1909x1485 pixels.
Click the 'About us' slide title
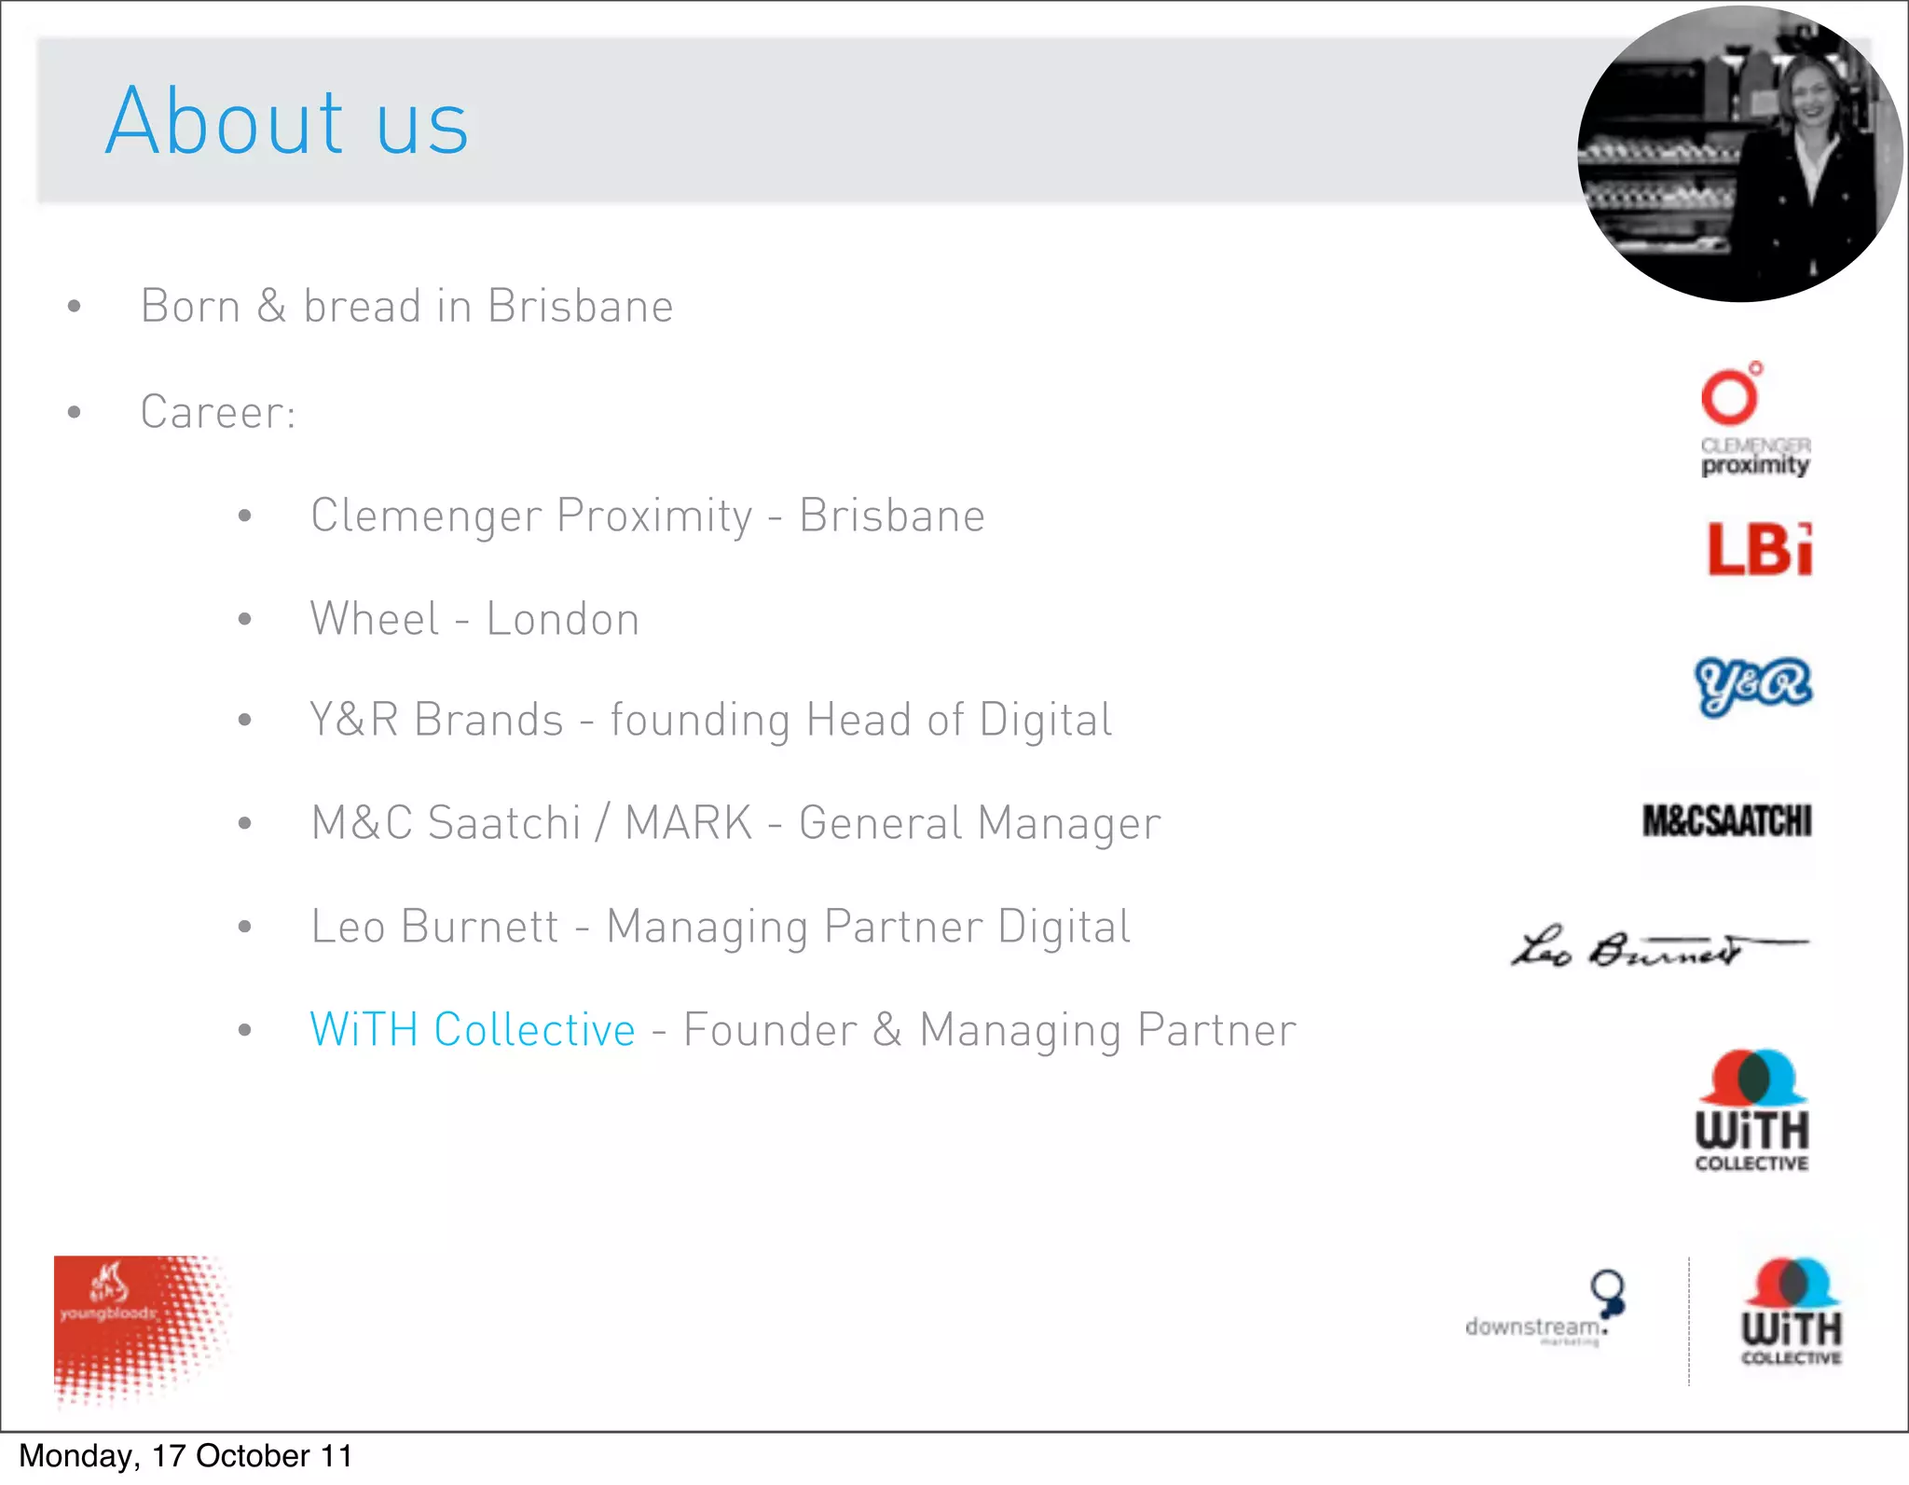click(286, 121)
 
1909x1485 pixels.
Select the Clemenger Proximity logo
click(1753, 420)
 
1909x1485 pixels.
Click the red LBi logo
click(1759, 548)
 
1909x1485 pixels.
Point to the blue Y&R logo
click(1752, 685)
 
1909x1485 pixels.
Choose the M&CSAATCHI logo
click(1726, 821)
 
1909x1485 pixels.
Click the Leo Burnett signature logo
click(1657, 948)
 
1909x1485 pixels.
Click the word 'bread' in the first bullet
click(363, 307)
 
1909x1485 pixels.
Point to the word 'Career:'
click(218, 412)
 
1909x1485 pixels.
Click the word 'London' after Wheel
click(563, 620)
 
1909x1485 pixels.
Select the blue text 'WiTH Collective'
click(473, 1030)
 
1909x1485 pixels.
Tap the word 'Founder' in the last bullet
click(770, 1030)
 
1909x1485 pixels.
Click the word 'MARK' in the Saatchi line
click(688, 823)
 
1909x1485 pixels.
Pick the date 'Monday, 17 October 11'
click(185, 1456)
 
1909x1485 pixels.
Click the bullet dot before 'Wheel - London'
click(245, 619)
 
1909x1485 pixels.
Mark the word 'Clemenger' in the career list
click(426, 516)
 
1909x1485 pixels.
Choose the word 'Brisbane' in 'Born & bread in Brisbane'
click(580, 307)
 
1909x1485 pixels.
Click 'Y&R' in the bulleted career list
click(354, 721)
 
